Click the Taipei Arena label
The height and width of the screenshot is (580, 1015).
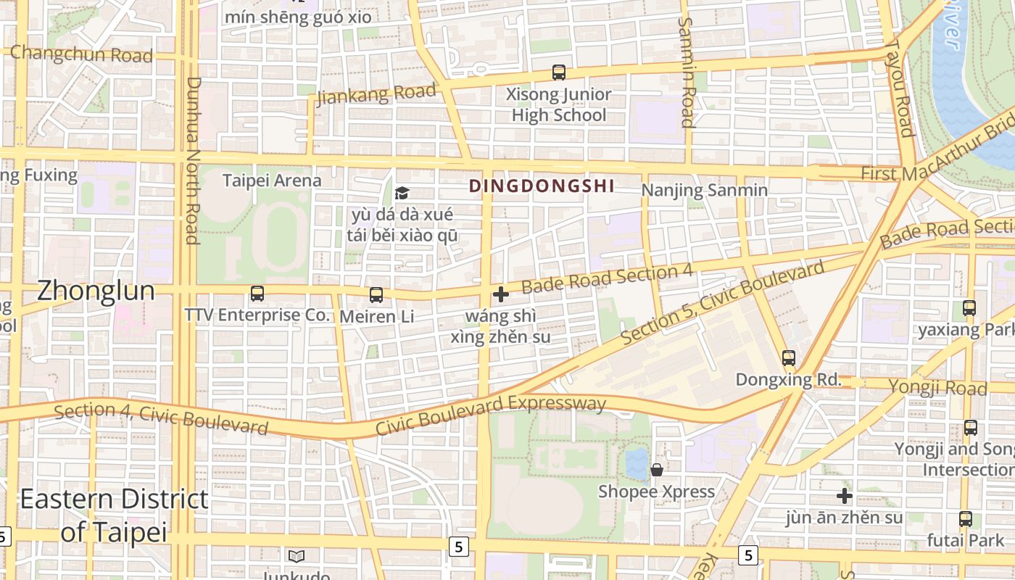(x=272, y=180)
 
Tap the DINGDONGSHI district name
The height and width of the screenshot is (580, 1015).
(x=542, y=186)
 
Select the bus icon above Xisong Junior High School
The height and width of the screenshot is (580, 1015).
(x=559, y=72)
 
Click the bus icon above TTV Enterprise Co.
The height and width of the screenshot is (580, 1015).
(x=257, y=294)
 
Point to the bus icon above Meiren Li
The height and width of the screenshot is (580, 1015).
(x=376, y=295)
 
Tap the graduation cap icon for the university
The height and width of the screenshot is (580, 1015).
(x=402, y=193)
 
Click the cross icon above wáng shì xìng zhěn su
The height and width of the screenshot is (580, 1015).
(x=500, y=294)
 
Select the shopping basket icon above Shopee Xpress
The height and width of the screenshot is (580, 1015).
(x=657, y=470)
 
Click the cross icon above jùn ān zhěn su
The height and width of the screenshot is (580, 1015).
(x=845, y=496)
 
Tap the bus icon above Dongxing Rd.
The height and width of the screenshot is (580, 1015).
(x=789, y=358)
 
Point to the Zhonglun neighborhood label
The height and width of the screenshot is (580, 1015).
(x=96, y=291)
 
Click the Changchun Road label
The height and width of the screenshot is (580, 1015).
(x=81, y=54)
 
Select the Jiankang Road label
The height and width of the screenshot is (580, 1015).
(x=377, y=94)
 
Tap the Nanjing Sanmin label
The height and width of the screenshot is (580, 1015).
(x=704, y=191)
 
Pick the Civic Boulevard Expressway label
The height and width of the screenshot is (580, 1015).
(x=490, y=415)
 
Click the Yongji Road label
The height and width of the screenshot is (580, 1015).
(x=937, y=387)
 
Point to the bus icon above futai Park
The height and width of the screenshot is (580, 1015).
(x=966, y=519)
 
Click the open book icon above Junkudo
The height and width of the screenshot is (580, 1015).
(x=296, y=556)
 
